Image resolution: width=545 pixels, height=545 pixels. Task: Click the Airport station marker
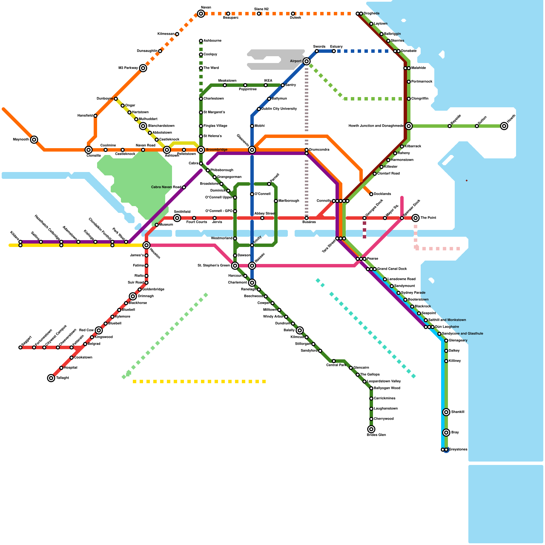coord(307,61)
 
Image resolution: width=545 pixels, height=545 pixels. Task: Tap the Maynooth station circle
coord(34,140)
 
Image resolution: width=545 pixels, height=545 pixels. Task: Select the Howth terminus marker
coord(504,126)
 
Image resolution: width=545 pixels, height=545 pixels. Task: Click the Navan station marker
coord(201,14)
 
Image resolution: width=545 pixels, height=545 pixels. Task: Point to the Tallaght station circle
coord(51,378)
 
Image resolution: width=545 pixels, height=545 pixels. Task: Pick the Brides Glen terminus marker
coord(371,429)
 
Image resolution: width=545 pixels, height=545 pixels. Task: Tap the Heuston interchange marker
coord(146,245)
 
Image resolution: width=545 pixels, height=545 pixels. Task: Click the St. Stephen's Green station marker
coord(235,266)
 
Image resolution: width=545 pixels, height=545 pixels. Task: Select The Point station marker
coord(416,218)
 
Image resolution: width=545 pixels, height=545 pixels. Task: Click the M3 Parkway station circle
coord(143,68)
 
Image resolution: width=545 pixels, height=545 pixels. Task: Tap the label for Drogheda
coord(371,14)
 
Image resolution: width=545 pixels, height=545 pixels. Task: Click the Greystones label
coord(458,450)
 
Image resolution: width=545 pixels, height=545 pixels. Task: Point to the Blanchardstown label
coord(161,126)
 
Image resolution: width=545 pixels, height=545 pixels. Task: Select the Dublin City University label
coord(279,109)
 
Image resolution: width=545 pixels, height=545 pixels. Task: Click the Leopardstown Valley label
coord(384,381)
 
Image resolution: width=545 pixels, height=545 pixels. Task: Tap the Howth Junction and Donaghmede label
coord(376,126)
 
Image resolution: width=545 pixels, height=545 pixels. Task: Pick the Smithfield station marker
coord(177,218)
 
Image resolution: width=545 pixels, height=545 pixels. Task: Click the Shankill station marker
coord(446,412)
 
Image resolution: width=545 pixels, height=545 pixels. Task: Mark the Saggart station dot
coord(20,347)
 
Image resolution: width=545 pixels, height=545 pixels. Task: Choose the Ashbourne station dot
coord(201,41)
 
